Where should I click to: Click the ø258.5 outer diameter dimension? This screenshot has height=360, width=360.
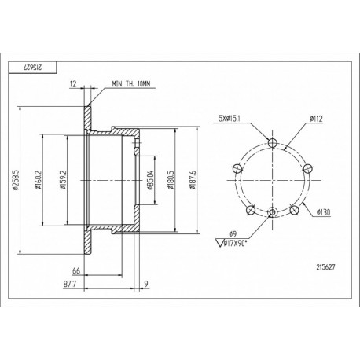click(x=16, y=180)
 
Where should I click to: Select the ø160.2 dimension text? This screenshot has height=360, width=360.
click(x=39, y=180)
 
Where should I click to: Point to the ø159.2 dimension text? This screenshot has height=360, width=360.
click(x=63, y=180)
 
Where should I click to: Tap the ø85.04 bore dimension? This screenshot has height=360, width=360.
click(x=151, y=180)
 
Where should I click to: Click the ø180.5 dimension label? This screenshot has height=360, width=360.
click(x=171, y=180)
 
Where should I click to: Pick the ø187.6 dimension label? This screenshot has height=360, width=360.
click(x=193, y=180)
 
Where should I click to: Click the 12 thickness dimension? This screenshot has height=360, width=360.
click(x=73, y=84)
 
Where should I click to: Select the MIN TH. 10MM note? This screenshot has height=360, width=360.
click(x=131, y=84)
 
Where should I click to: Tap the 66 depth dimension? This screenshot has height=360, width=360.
click(x=76, y=270)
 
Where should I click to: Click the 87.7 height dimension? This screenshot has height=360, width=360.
click(x=70, y=284)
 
